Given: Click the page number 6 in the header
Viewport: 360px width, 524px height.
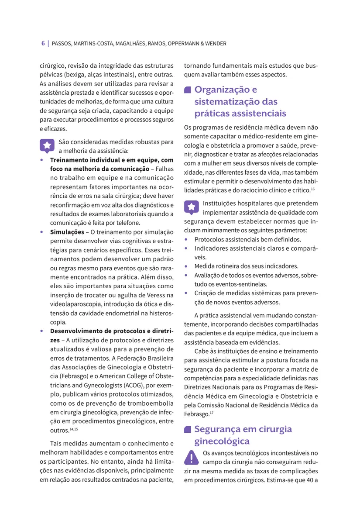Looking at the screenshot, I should tap(43, 44).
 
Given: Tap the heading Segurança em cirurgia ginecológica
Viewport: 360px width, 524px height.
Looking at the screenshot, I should tap(243, 435).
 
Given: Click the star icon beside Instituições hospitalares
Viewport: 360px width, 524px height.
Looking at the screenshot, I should tap(191, 207).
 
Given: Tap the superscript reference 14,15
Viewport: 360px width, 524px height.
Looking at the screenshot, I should tap(73, 429).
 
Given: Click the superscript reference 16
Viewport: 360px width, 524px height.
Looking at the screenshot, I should tap(313, 189).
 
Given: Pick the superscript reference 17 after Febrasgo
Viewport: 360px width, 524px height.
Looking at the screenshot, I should tap(212, 413).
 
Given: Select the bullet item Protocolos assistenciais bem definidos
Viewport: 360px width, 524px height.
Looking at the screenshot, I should tap(247, 240).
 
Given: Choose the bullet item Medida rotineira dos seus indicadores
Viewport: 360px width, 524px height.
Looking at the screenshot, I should tap(246, 266).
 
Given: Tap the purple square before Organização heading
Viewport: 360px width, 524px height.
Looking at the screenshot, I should tap(188, 90).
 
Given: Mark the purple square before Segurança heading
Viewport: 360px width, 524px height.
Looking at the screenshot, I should tap(188, 429).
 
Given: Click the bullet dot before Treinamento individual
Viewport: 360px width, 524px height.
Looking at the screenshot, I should tap(41, 160).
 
